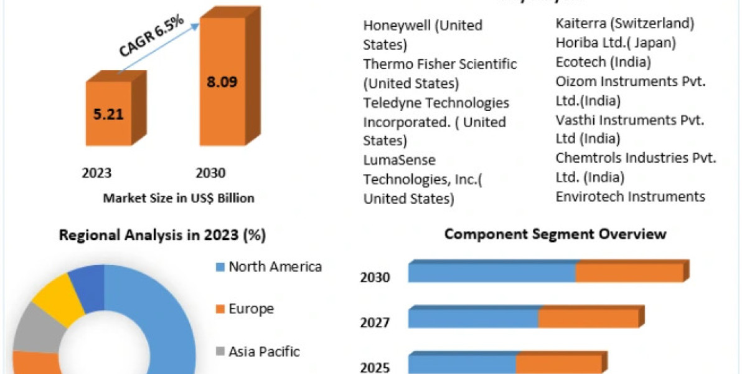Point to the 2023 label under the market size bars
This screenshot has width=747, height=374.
pyautogui.click(x=96, y=173)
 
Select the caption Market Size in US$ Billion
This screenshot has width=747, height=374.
pyautogui.click(x=179, y=198)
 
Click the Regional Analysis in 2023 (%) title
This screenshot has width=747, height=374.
pyautogui.click(x=162, y=236)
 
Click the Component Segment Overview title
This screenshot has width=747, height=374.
pyautogui.click(x=555, y=234)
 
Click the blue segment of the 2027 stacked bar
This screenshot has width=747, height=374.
pyautogui.click(x=473, y=317)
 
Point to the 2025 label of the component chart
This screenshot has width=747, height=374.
pyautogui.click(x=375, y=367)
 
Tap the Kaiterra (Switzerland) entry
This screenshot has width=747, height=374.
pyautogui.click(x=624, y=24)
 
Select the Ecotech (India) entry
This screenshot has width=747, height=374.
pyautogui.click(x=603, y=62)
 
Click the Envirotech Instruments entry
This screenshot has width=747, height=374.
pyautogui.click(x=630, y=197)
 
